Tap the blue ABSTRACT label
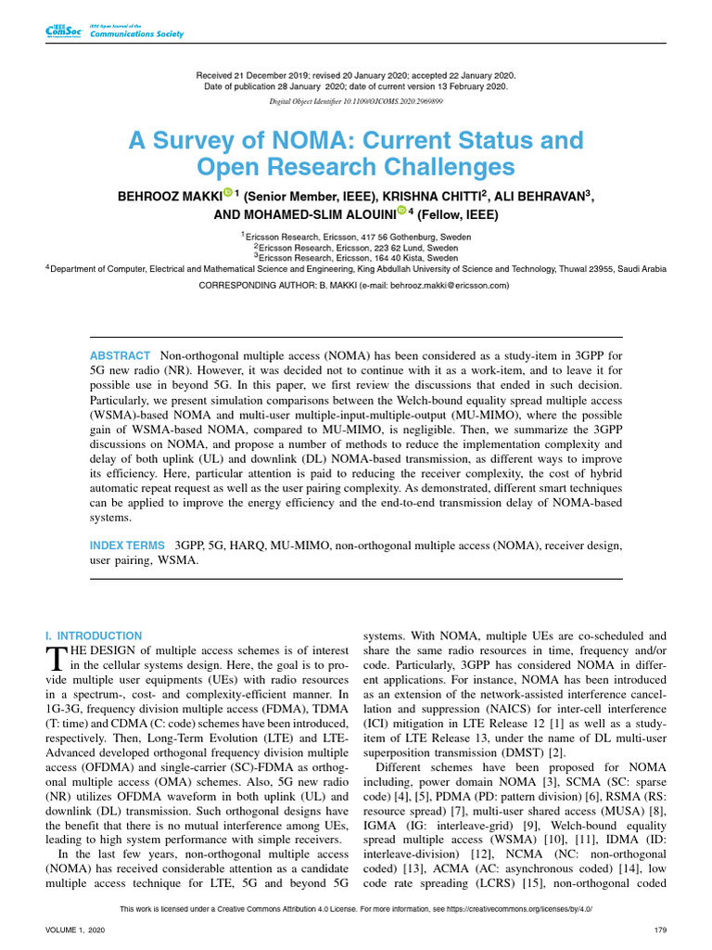(120, 356)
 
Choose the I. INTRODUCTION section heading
(94, 635)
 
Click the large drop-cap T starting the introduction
(55, 658)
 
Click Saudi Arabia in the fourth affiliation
(639, 268)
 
